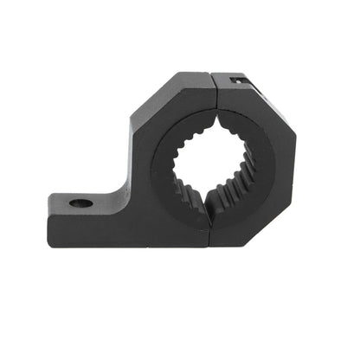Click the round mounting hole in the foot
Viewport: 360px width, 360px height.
(x=80, y=204)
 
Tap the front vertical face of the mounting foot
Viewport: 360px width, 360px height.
(x=87, y=226)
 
